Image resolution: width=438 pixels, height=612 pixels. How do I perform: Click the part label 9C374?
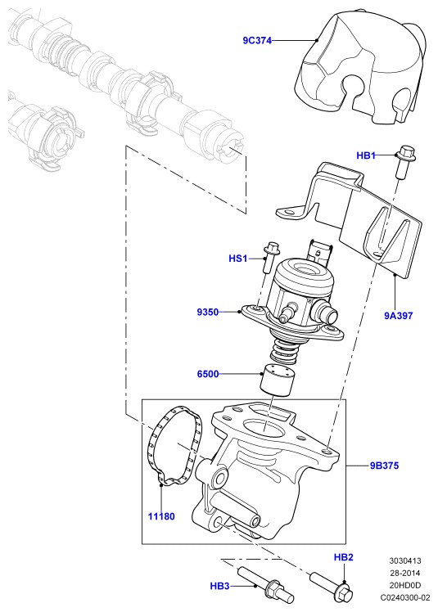257,40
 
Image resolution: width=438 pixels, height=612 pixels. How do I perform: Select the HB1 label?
366,155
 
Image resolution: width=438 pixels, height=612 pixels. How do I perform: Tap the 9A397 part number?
398,315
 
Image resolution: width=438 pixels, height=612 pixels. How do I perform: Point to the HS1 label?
238,259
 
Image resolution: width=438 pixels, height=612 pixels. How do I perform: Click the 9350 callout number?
208,313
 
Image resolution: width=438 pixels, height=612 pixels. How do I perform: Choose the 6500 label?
208,374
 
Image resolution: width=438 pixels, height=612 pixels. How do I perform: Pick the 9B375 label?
385,466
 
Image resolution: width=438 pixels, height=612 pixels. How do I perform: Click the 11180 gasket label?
161,516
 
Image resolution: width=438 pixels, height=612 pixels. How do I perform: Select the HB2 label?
344,557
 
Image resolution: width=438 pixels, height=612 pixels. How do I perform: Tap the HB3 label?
219,587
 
